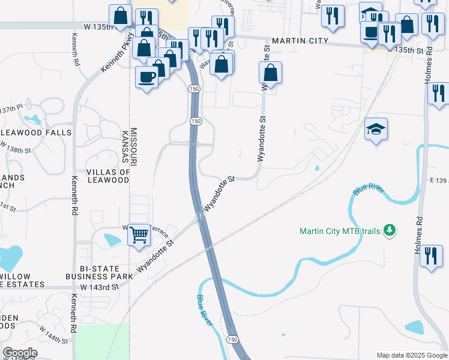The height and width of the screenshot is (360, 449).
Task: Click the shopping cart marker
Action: tap(139, 235)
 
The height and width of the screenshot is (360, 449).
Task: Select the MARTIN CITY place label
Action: tap(300, 41)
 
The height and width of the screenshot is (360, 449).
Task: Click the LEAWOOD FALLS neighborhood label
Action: tap(36, 132)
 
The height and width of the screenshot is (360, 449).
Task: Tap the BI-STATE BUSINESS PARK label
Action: tap(98, 272)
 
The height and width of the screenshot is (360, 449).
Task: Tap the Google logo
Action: tap(20, 353)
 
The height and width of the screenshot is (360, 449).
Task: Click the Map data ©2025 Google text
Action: tap(412, 355)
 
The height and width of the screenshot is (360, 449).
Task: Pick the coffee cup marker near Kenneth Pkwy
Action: tap(147, 77)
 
